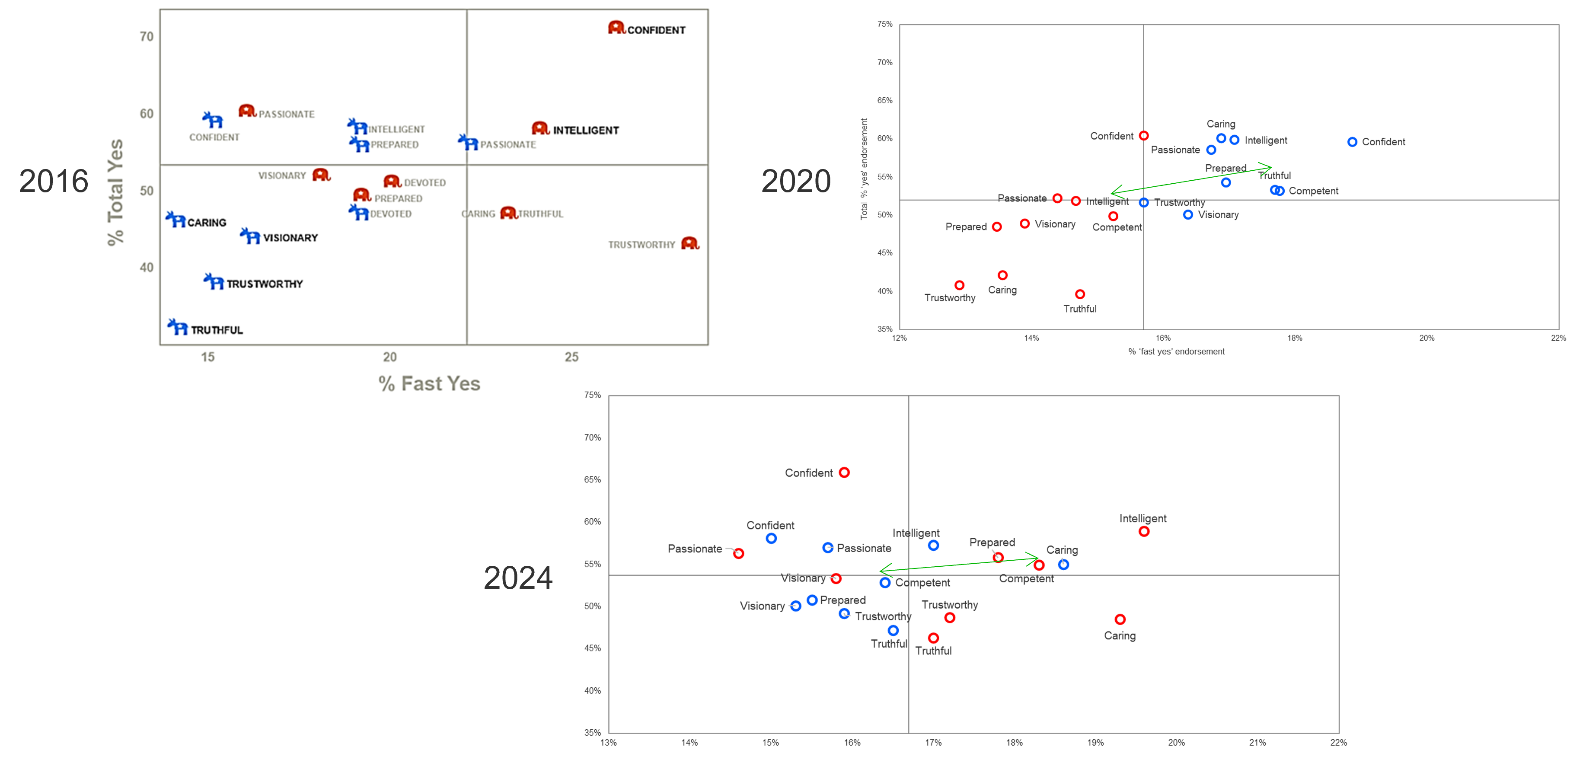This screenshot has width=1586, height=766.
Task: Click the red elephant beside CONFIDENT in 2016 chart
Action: [616, 28]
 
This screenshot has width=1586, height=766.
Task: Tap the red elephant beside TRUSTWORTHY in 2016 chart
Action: [690, 243]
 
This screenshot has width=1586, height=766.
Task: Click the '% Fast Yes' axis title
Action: [429, 383]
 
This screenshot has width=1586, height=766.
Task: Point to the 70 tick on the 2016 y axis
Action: [147, 37]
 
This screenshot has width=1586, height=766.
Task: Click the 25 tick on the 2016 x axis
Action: [571, 357]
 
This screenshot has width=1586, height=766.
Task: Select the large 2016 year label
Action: [54, 181]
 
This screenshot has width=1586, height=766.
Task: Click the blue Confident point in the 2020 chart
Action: [1352, 142]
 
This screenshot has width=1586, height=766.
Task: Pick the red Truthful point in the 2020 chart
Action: [1080, 294]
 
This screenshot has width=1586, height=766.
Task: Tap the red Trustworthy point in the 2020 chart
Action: [959, 285]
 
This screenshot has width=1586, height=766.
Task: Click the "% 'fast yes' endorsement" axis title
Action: [1176, 351]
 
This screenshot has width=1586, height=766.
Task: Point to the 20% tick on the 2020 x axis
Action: [1426, 338]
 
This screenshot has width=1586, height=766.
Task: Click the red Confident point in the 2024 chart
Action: [844, 472]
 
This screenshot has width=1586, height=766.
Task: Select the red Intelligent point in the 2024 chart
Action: [1144, 531]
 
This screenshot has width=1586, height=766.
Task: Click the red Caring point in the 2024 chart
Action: [1120, 619]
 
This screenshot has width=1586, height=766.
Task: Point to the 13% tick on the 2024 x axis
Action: [608, 743]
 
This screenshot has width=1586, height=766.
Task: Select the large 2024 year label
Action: [518, 578]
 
